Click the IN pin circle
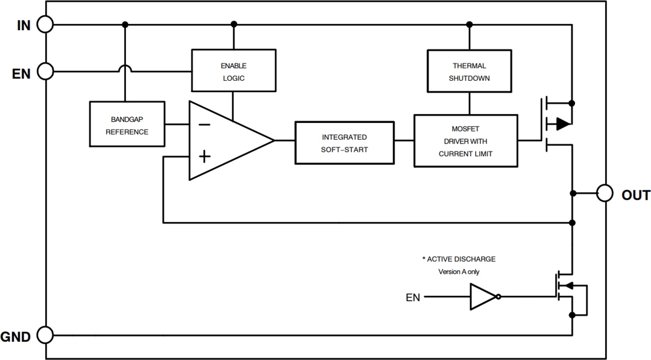[45, 25]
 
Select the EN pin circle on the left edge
[45, 72]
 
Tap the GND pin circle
[45, 335]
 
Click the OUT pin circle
[605, 194]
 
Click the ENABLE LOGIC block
[233, 72]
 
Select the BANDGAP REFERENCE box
[127, 124]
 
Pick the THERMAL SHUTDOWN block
[469, 72]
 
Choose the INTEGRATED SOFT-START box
[344, 142]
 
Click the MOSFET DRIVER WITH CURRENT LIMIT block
[465, 141]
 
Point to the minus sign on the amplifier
[204, 125]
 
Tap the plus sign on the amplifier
[204, 157]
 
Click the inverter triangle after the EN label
[483, 297]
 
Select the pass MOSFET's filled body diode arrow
[562, 124]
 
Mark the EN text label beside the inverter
[413, 297]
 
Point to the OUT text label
[635, 195]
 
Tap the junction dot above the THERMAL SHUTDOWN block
[469, 25]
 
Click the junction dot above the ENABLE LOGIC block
[234, 25]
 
